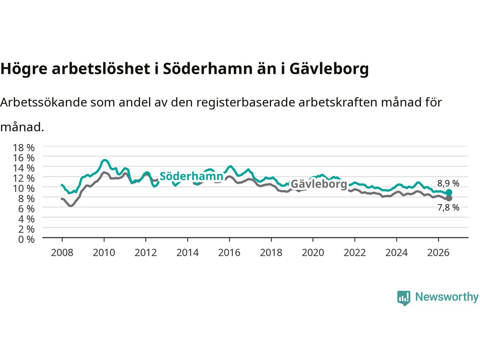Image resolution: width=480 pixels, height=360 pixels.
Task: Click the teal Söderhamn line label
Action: click(191, 176)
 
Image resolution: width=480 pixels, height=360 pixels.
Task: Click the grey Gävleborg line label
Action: click(319, 184)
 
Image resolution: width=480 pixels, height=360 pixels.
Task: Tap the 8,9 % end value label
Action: click(448, 184)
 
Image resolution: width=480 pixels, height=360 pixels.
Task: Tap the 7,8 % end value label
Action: click(448, 207)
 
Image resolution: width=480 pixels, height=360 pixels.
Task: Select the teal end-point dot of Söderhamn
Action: click(449, 192)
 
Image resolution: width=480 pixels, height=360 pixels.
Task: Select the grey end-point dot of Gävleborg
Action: click(449, 198)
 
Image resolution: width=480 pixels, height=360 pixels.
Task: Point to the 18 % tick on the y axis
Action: click(24, 148)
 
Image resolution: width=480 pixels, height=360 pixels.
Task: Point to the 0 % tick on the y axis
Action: click(27, 240)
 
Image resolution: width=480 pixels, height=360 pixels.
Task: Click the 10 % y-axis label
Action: click(24, 188)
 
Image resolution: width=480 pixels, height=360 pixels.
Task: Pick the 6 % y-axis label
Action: click(27, 209)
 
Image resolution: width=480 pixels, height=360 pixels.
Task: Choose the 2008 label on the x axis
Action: click(62, 253)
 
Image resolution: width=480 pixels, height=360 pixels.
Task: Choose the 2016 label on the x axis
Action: click(229, 253)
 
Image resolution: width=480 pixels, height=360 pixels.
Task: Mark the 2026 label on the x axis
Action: click(438, 253)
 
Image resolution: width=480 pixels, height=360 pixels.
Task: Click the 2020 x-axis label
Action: click(313, 253)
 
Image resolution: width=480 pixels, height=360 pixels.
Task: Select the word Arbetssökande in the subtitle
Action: click(44, 102)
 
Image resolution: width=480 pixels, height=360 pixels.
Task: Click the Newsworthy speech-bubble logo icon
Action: click(403, 298)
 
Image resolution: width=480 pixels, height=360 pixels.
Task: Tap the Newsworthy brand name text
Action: click(447, 297)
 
